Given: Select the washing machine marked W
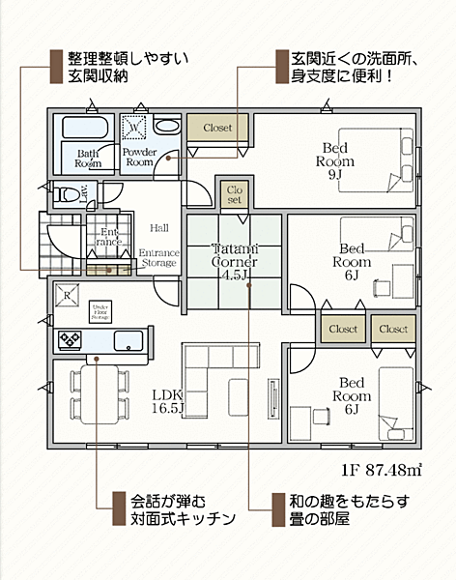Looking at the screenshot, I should coord(132,126).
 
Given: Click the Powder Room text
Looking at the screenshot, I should coord(140,158).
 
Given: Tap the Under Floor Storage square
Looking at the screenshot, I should coord(99,310).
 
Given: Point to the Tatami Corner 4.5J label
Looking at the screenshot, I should coord(233,259).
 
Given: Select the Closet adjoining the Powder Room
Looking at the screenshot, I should coord(217,127).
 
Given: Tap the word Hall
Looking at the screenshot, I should coord(159,228).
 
